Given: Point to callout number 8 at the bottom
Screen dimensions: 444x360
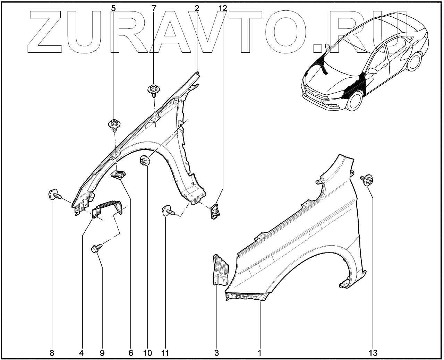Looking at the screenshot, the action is pyautogui.click(x=52, y=353).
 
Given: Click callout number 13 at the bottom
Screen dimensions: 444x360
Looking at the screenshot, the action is pyautogui.click(x=373, y=353).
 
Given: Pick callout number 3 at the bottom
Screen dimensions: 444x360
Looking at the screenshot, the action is pyautogui.click(x=216, y=353).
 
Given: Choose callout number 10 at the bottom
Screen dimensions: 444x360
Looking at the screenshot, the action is pyautogui.click(x=147, y=353).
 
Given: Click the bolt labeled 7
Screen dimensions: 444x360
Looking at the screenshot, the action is pyautogui.click(x=153, y=89).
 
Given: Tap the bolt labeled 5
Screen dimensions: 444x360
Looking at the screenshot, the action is pyautogui.click(x=113, y=124).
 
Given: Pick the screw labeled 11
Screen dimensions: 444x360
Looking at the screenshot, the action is pyautogui.click(x=168, y=210).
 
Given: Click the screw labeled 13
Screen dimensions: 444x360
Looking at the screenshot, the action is pyautogui.click(x=368, y=180).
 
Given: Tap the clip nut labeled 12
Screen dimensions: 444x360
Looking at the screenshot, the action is pyautogui.click(x=215, y=209).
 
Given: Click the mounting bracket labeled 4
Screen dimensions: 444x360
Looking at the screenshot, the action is pyautogui.click(x=109, y=208).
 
